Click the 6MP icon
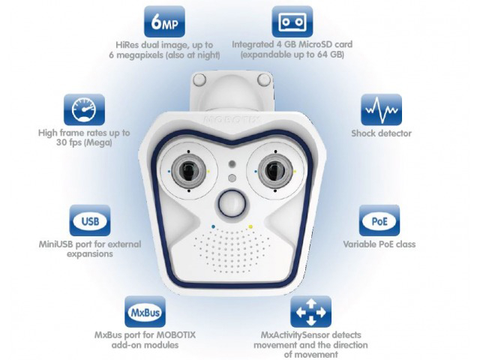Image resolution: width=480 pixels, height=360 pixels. click(165, 22)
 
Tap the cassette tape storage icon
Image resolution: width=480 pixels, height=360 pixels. click(292, 22)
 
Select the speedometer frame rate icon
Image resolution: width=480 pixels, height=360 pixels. click(84, 109)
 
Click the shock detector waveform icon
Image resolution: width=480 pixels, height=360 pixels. click(381, 109)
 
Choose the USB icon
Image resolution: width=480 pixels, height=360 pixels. click(90, 220)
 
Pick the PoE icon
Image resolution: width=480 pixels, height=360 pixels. click(379, 220)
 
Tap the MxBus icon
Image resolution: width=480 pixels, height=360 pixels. click(145, 312)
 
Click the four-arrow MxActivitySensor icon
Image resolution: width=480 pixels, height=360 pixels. click(310, 312)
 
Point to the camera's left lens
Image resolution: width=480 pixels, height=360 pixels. click(188, 171)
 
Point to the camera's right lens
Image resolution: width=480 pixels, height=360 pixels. click(275, 170)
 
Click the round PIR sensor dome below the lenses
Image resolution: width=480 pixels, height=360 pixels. click(232, 203)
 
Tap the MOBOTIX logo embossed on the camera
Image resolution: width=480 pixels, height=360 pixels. click(232, 119)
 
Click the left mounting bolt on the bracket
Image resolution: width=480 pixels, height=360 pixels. click(199, 80)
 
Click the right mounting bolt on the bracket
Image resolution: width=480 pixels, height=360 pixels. click(263, 79)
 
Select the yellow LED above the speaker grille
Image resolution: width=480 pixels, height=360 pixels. click(250, 226)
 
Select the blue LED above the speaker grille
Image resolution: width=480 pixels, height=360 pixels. click(213, 226)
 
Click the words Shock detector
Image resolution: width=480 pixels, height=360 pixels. click(381, 133)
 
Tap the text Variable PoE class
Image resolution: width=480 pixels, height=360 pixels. click(379, 244)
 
